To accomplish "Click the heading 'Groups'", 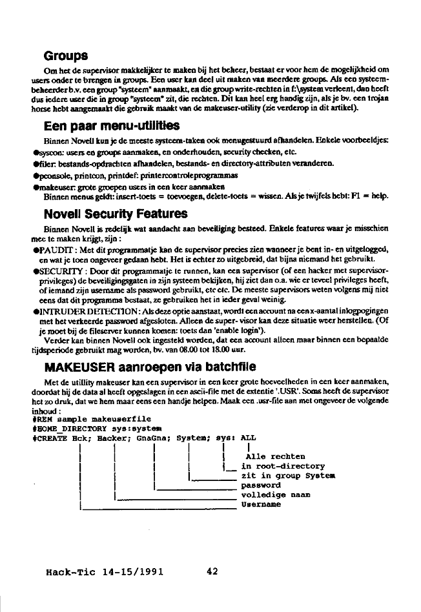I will [66, 56].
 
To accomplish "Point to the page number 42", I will [213, 571].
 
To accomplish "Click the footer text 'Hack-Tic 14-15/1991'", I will [105, 571].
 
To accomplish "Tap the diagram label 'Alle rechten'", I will [271, 456].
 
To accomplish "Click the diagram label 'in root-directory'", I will [283, 466].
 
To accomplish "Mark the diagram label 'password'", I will [261, 485].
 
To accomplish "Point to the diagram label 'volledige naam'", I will [275, 495].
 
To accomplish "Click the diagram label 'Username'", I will [261, 505].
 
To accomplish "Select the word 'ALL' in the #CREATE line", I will [248, 437].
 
